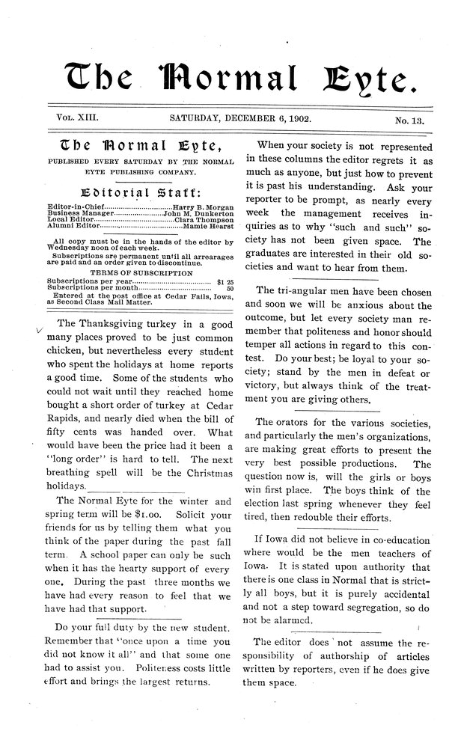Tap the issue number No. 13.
click(411, 119)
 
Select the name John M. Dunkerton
click(198, 212)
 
